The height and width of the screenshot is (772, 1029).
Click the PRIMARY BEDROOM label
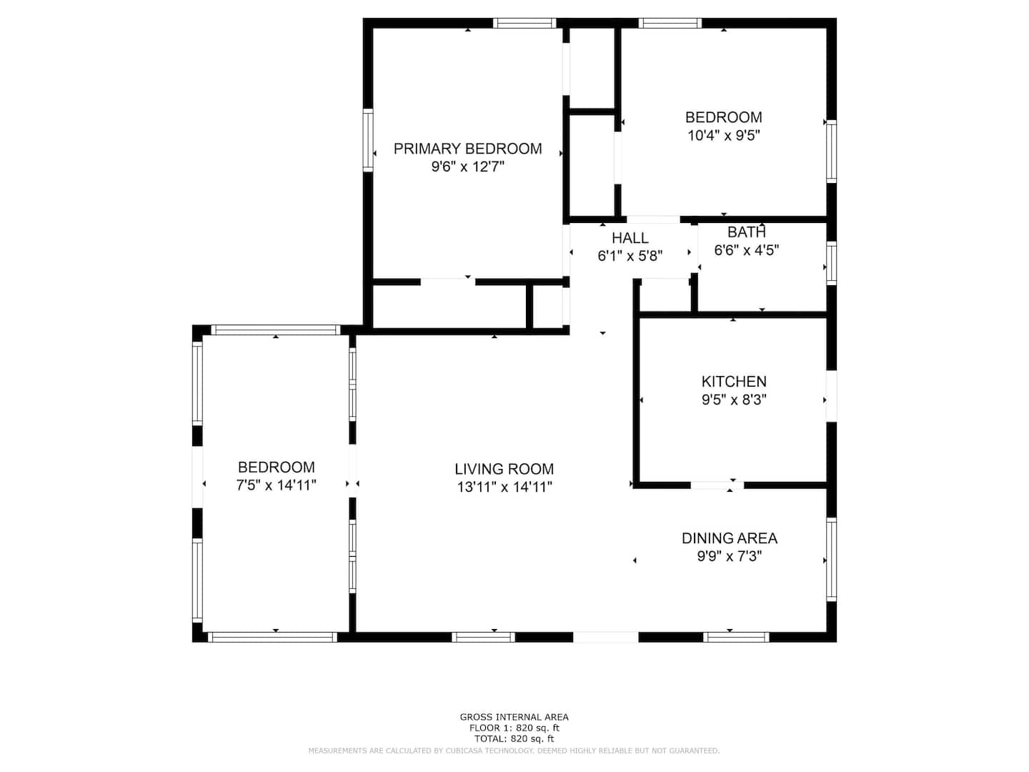tap(467, 149)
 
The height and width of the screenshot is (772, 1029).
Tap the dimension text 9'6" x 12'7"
tap(467, 167)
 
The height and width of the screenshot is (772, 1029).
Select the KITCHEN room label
tap(734, 382)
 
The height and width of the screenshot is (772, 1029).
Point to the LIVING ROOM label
tap(504, 469)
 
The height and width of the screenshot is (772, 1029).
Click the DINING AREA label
tap(730, 538)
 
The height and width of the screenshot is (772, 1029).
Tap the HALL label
tap(630, 238)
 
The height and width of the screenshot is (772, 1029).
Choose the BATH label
tap(746, 232)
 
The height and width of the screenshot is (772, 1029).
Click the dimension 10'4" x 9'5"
tap(723, 136)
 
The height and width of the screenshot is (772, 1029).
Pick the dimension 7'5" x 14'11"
tap(276, 485)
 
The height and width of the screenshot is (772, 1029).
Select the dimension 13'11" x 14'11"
tap(504, 487)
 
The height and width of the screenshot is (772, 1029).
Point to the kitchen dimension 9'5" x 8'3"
tap(734, 400)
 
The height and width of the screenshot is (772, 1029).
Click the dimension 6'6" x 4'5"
tap(746, 250)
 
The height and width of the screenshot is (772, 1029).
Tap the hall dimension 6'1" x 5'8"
tap(630, 256)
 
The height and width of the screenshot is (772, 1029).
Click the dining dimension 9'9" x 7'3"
tap(730, 556)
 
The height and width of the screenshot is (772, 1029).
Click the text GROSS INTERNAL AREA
tap(514, 717)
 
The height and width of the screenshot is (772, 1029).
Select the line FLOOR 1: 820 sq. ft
tap(514, 728)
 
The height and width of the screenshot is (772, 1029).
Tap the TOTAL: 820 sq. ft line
tap(514, 738)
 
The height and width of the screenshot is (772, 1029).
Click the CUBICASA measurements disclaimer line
tap(514, 751)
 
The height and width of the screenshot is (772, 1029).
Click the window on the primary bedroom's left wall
tap(368, 140)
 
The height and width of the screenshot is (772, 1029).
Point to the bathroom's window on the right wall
tap(831, 264)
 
